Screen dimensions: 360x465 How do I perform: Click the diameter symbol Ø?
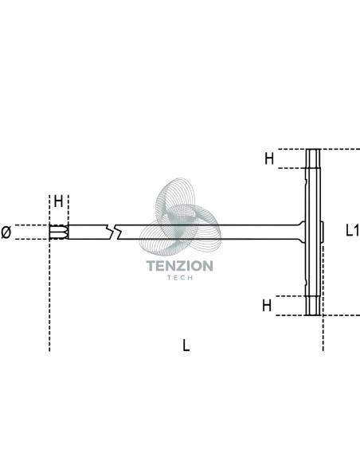[x=6, y=232]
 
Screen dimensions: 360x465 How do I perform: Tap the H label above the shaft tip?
[x=58, y=201]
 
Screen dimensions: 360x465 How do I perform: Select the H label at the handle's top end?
[x=269, y=158]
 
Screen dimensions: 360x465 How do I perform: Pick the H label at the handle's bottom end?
[x=267, y=305]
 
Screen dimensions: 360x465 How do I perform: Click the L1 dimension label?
[x=353, y=230]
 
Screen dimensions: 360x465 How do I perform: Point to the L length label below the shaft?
[x=186, y=346]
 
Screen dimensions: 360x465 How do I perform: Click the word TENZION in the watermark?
[x=180, y=266]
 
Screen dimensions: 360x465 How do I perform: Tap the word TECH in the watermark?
[x=180, y=278]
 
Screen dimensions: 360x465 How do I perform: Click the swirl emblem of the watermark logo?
[x=180, y=217]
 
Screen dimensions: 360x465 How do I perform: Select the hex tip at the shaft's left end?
[x=59, y=232]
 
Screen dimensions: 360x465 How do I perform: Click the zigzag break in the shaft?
[x=114, y=232]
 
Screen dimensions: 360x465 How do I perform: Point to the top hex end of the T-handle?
[x=313, y=158]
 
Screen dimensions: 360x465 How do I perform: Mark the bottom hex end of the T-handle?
[x=313, y=306]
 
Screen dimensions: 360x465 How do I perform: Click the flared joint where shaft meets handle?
[x=302, y=232]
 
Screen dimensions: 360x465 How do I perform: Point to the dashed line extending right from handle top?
[x=340, y=149]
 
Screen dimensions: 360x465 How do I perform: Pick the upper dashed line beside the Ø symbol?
[x=32, y=225]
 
